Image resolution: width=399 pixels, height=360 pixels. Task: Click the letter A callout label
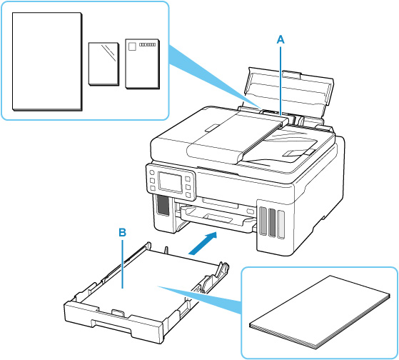click(281, 40)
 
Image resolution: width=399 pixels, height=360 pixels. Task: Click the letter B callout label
click(123, 232)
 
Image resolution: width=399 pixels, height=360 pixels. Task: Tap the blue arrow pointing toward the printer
click(203, 243)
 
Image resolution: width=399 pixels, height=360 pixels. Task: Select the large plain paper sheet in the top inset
click(47, 61)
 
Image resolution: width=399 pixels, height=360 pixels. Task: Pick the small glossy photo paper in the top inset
click(103, 64)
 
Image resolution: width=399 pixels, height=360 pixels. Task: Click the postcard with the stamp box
click(143, 64)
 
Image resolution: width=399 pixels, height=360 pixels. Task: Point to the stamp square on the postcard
click(132, 46)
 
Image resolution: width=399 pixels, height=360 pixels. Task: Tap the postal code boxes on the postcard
click(147, 44)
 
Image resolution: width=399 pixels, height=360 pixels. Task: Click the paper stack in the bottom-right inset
click(320, 312)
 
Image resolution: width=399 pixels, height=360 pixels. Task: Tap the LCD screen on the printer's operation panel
click(170, 181)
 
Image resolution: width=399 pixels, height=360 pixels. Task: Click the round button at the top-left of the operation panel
click(151, 172)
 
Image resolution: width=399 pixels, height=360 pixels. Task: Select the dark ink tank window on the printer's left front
click(163, 205)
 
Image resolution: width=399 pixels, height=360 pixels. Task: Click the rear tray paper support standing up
click(289, 95)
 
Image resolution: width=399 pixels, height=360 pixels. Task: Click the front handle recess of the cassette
click(112, 326)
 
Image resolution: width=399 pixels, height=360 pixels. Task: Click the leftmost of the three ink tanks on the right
click(263, 221)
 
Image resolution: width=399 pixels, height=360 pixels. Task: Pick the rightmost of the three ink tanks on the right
click(281, 224)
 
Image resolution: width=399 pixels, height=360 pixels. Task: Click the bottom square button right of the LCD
click(188, 195)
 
